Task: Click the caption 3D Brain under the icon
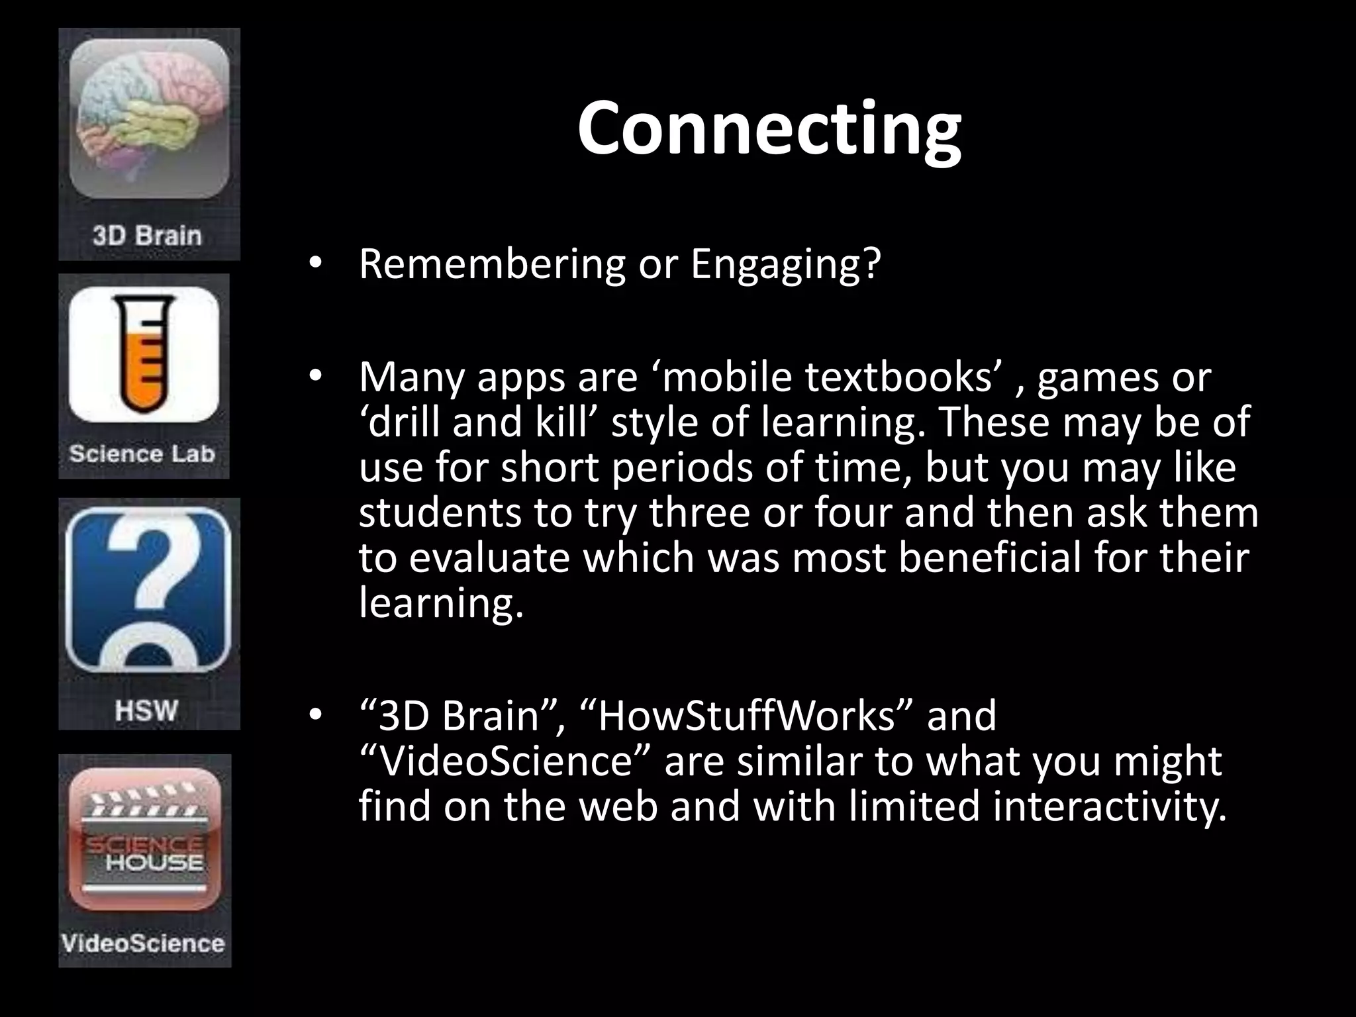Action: tap(147, 236)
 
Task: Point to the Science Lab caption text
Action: tap(142, 454)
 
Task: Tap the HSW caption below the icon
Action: tap(146, 711)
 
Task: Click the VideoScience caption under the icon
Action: tap(143, 943)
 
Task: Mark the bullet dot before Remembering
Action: tap(315, 264)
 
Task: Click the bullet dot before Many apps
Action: tap(315, 377)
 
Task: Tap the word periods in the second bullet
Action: tap(683, 468)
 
